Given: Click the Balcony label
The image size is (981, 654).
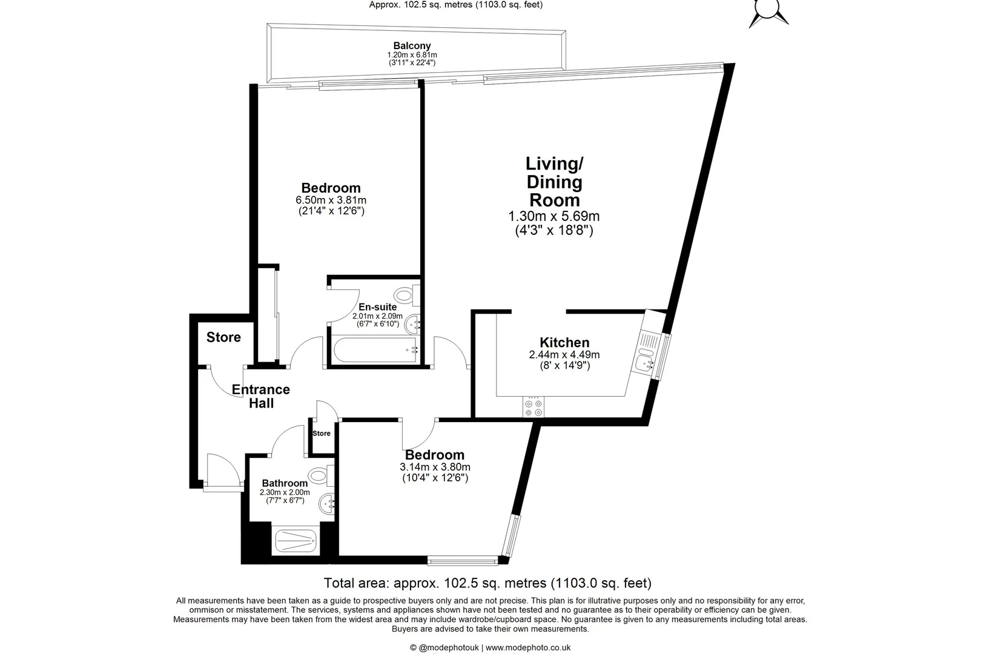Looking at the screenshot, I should pyautogui.click(x=412, y=46).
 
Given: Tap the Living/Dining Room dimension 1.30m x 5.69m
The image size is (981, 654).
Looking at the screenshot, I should pyautogui.click(x=554, y=216).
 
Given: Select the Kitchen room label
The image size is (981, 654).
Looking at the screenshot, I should pyautogui.click(x=564, y=343).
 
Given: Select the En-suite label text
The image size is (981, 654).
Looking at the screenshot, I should pyautogui.click(x=377, y=307).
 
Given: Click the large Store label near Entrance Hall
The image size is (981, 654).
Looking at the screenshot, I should pyautogui.click(x=223, y=337).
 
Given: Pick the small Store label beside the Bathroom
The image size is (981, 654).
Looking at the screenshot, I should pyautogui.click(x=322, y=433).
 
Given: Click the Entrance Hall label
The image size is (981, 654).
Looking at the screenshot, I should pyautogui.click(x=261, y=396).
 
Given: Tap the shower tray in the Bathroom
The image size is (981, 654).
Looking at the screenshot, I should pyautogui.click(x=295, y=541).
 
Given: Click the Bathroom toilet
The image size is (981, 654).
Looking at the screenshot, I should pyautogui.click(x=320, y=475).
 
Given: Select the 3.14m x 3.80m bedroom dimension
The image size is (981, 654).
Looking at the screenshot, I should pyautogui.click(x=435, y=467).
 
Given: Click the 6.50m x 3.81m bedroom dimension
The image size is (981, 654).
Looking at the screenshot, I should pyautogui.click(x=331, y=200).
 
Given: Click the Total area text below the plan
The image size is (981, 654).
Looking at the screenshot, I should pyautogui.click(x=487, y=583).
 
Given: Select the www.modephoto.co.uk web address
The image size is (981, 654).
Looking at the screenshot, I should pyautogui.click(x=528, y=647).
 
